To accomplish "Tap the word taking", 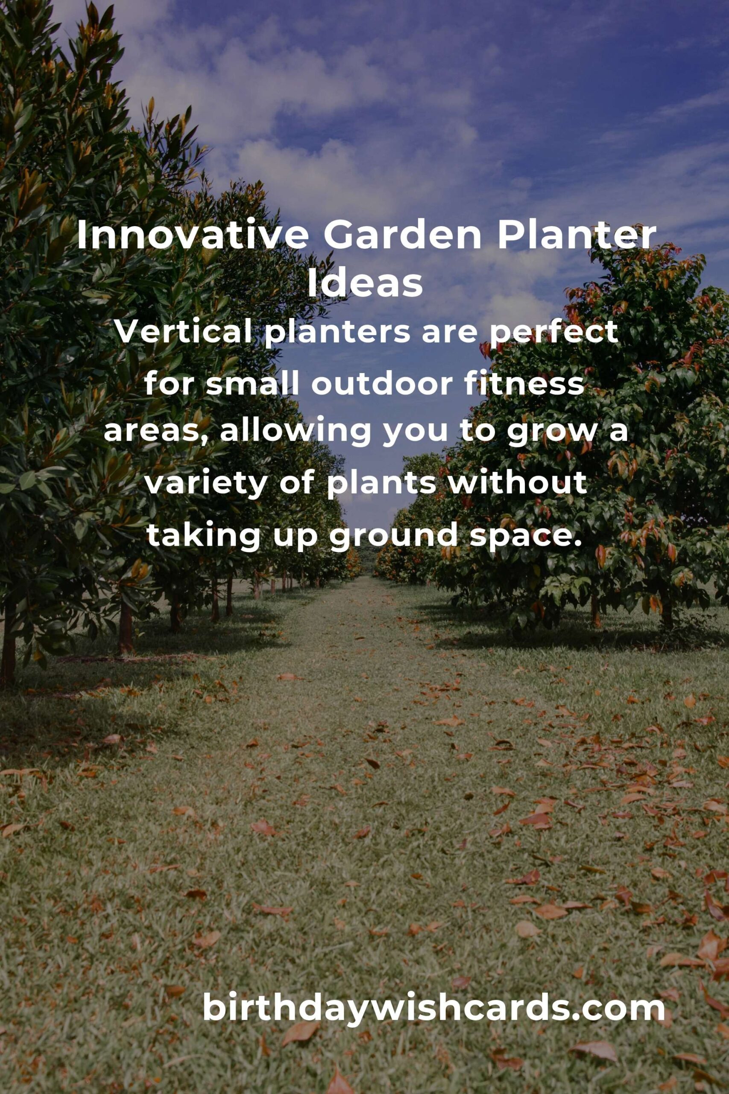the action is pyautogui.click(x=203, y=536).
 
